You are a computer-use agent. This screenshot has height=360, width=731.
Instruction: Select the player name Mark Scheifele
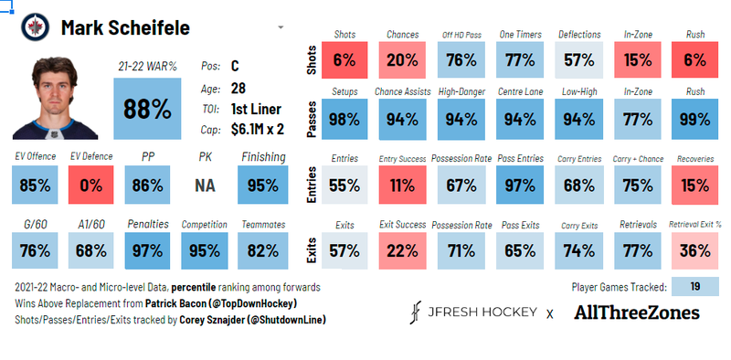pyautogui.click(x=125, y=27)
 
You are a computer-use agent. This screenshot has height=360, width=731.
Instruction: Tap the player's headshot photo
pyautogui.click(x=54, y=97)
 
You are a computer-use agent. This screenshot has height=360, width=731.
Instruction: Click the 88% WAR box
pyautogui.click(x=148, y=109)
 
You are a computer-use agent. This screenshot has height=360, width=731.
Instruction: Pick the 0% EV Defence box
pyautogui.click(x=91, y=185)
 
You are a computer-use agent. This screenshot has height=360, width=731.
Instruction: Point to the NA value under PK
pyautogui.click(x=205, y=185)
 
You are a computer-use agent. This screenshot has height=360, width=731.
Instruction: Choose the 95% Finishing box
pyautogui.click(x=262, y=185)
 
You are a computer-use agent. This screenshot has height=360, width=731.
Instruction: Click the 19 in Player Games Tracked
pyautogui.click(x=694, y=287)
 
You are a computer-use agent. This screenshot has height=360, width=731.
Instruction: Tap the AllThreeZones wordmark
pyautogui.click(x=637, y=313)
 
